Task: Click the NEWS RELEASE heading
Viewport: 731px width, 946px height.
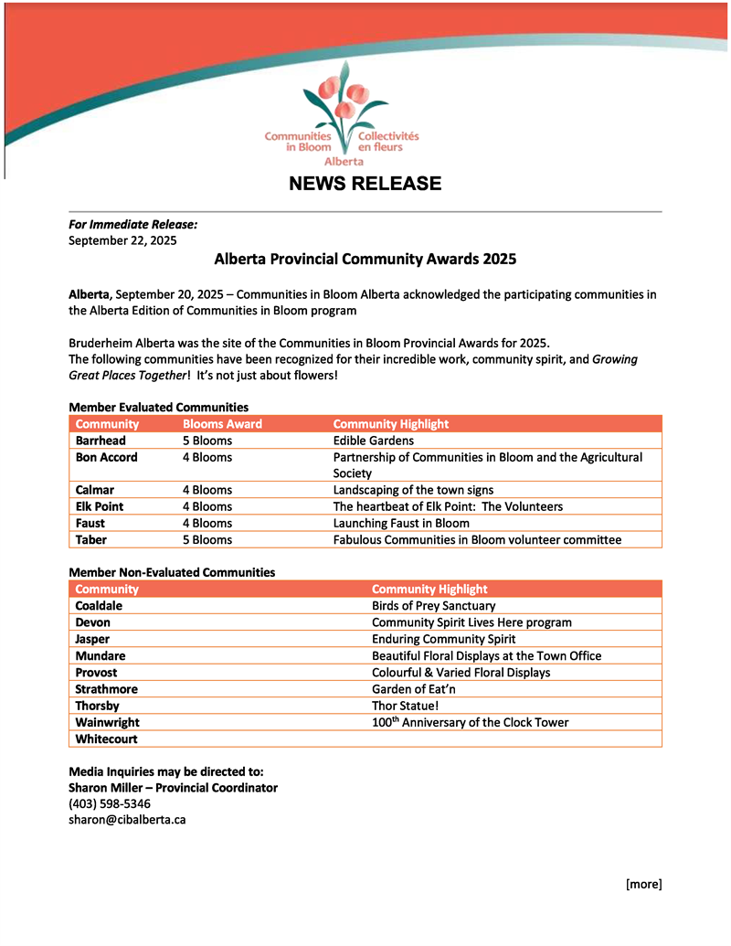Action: pyautogui.click(x=365, y=184)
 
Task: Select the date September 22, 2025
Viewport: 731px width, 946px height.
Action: pyautogui.click(x=122, y=240)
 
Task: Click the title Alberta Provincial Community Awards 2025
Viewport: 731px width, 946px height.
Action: pyautogui.click(x=365, y=259)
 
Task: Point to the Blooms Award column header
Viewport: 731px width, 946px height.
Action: pyautogui.click(x=222, y=424)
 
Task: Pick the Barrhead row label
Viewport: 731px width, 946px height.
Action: pyautogui.click(x=101, y=441)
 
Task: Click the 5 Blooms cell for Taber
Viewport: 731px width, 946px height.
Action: pyautogui.click(x=207, y=540)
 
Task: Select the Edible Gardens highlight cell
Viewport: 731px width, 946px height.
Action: pyautogui.click(x=373, y=441)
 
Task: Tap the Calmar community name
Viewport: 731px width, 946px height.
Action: pyautogui.click(x=95, y=490)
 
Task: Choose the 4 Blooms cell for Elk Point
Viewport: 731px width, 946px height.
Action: pyautogui.click(x=207, y=506)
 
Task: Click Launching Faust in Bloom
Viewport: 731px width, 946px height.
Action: pyautogui.click(x=401, y=524)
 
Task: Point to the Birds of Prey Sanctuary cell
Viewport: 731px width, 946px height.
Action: pyautogui.click(x=433, y=606)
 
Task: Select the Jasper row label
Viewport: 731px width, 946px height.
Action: pyautogui.click(x=93, y=639)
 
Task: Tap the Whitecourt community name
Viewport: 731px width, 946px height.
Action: pyautogui.click(x=106, y=739)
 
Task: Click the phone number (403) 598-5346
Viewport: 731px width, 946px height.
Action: pyautogui.click(x=110, y=803)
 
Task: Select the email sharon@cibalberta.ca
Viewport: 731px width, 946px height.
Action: pyautogui.click(x=127, y=820)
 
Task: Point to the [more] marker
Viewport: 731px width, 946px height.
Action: pyautogui.click(x=643, y=884)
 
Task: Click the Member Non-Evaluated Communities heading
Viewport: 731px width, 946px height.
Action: pyautogui.click(x=172, y=572)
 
